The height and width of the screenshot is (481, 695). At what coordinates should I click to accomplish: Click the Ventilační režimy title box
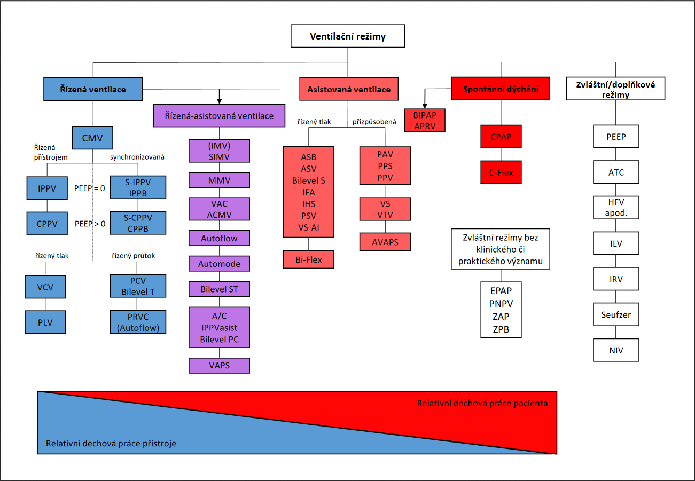click(348, 36)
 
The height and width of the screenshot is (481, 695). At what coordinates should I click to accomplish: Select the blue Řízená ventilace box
click(93, 89)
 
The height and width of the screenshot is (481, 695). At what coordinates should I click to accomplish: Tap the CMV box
click(92, 138)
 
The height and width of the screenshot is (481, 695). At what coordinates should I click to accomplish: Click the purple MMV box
click(219, 180)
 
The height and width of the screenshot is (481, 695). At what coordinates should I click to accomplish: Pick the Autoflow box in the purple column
click(219, 238)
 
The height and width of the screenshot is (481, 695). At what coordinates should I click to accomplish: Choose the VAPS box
click(219, 365)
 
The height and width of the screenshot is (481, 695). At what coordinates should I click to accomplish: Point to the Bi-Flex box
click(308, 259)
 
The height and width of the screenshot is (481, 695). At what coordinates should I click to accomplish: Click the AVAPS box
click(385, 242)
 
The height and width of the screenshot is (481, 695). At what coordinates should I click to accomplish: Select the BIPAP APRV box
click(425, 121)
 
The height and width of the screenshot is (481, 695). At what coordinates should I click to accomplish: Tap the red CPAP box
click(501, 137)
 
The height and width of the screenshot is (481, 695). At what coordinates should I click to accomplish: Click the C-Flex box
click(501, 172)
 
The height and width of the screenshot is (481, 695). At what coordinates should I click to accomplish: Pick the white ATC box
click(615, 172)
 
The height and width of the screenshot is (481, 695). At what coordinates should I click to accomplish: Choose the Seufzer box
click(615, 314)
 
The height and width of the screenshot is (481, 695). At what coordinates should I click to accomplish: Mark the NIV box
click(615, 351)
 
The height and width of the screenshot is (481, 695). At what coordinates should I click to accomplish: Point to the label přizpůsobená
click(374, 122)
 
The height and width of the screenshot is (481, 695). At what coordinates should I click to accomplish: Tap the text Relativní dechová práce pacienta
click(482, 403)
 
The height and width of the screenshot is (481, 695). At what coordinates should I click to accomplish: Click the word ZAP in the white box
click(500, 317)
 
